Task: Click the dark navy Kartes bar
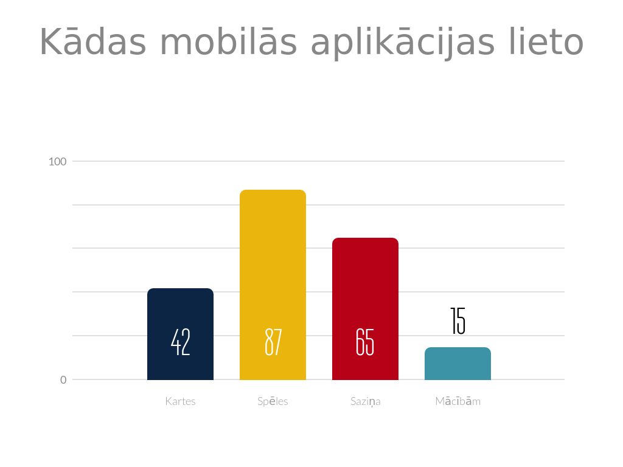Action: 180,310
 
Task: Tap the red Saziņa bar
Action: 365,286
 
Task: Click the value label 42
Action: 181,342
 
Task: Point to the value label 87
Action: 273,342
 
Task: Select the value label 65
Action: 365,342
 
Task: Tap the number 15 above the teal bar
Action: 458,321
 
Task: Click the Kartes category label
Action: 180,401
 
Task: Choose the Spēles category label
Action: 273,401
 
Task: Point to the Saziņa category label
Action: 365,401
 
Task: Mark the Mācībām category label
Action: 458,401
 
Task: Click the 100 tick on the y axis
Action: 57,162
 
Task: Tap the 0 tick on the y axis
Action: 63,380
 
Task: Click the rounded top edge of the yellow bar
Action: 273,192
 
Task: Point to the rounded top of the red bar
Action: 365,240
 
